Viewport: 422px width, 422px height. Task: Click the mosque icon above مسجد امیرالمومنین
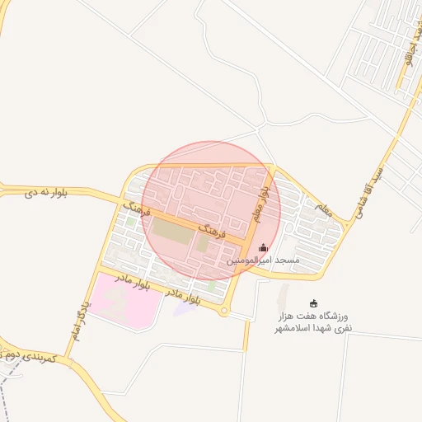point(263,247)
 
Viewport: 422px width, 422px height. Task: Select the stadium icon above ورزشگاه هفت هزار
point(312,302)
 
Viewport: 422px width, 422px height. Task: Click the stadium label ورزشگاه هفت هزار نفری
point(312,321)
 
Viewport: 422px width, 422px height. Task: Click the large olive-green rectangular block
point(171,231)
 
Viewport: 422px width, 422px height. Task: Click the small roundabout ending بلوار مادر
point(223,310)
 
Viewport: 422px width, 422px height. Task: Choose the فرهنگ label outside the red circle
point(136,207)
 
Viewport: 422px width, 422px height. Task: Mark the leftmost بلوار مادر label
point(133,284)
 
